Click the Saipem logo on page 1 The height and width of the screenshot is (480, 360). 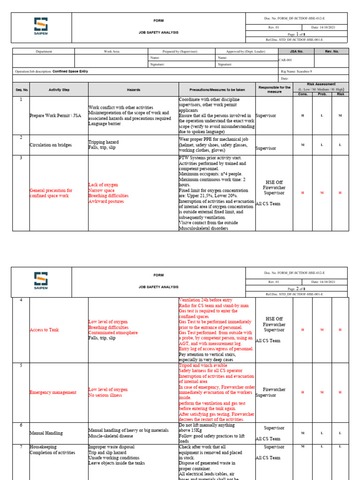(41, 25)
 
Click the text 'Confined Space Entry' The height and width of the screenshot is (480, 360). (70, 71)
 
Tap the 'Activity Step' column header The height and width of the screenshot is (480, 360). (59, 89)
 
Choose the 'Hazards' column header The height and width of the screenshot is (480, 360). (133, 89)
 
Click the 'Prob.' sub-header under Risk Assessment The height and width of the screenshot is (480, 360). (322, 94)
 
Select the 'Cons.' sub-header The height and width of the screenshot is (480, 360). (303, 94)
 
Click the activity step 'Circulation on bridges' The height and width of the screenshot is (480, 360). (50, 145)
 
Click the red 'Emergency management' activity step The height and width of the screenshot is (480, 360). (53, 392)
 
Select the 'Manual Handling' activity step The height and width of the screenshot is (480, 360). (46, 434)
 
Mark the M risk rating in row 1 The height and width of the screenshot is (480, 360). (340, 115)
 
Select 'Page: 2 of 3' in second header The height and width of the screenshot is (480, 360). (296, 289)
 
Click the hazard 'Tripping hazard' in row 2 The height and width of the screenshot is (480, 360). (104, 142)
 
